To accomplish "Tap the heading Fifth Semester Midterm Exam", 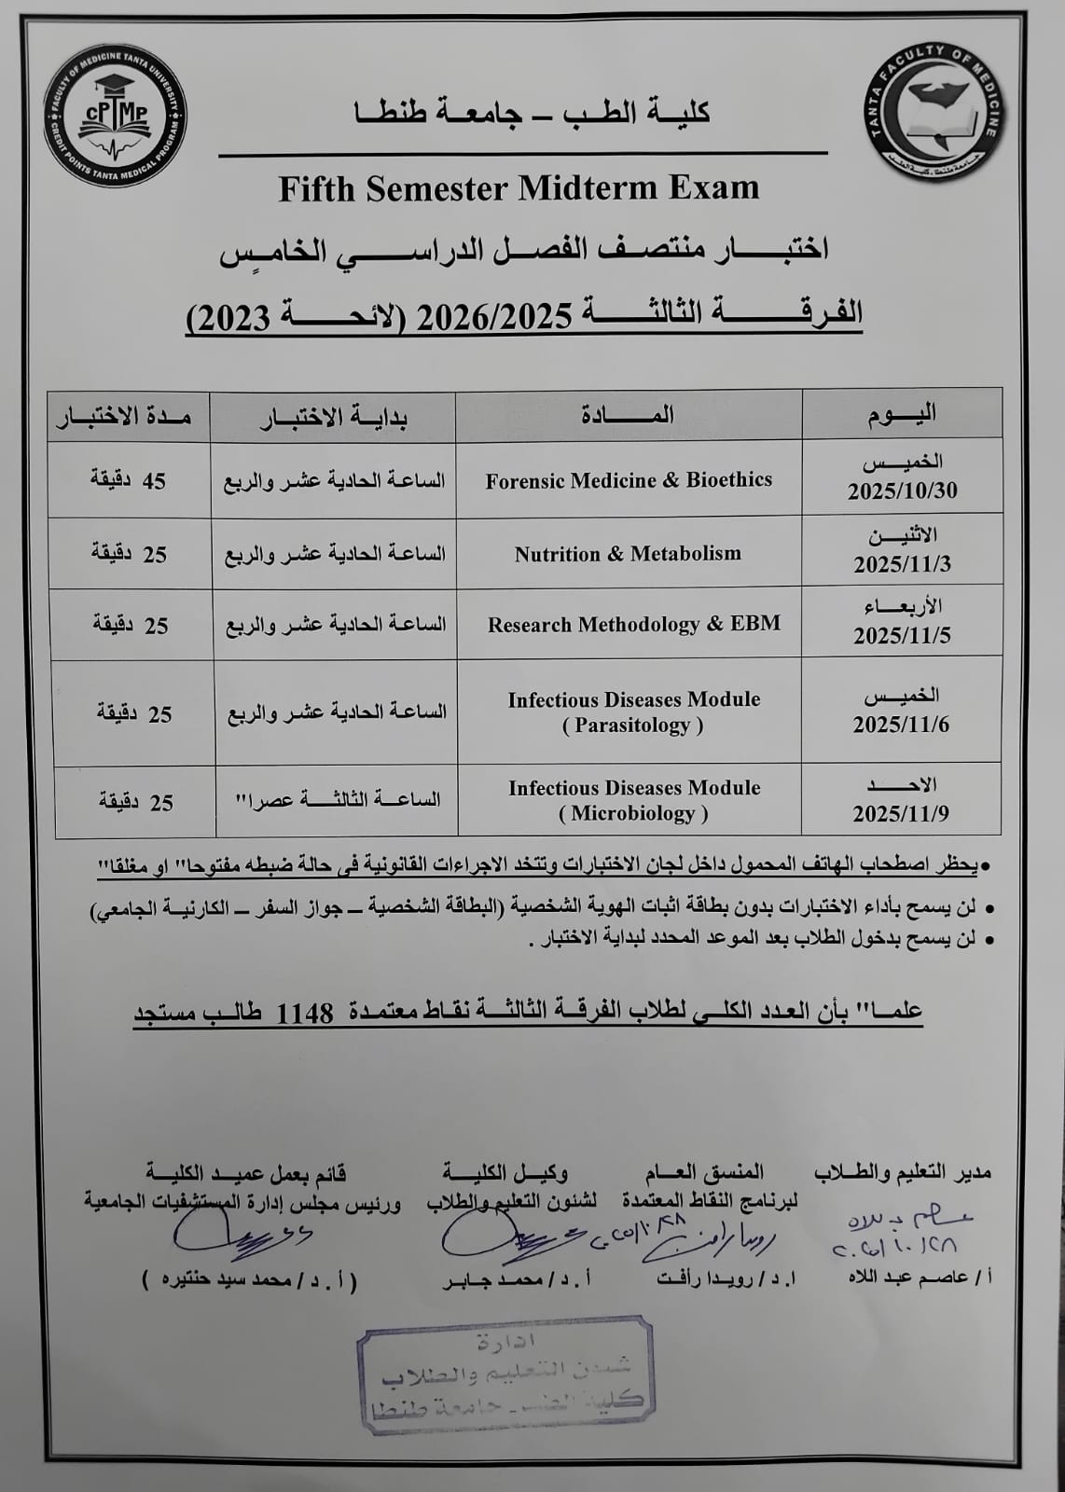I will click(519, 188).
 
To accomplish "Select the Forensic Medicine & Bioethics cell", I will click(629, 480).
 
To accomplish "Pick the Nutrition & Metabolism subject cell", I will click(628, 554).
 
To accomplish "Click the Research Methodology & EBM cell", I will click(633, 624).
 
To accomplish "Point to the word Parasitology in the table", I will click(632, 725).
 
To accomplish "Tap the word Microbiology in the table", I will click(633, 813).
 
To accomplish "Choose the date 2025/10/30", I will click(902, 491).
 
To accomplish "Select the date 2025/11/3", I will click(902, 564).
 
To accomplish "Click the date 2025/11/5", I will click(901, 636).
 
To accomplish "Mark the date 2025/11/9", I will click(901, 813).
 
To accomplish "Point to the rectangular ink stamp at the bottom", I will click(505, 1375).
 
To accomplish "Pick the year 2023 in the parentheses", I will click(233, 318).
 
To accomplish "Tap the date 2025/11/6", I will click(901, 725).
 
